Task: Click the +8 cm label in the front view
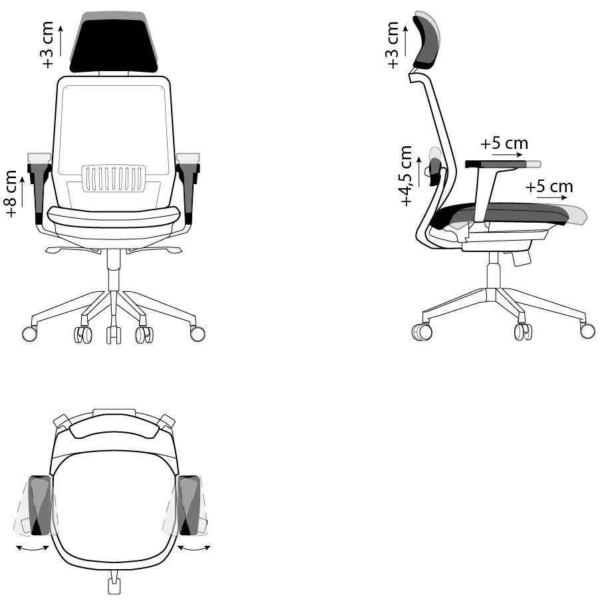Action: click(x=11, y=193)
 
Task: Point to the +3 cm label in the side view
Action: click(x=392, y=45)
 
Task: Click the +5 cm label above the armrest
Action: click(x=504, y=143)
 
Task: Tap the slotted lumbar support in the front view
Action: click(x=114, y=179)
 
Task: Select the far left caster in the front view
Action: click(x=29, y=333)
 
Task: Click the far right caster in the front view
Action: click(x=198, y=333)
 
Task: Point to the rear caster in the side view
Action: click(x=422, y=330)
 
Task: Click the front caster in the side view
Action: click(x=587, y=330)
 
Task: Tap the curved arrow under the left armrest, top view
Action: click(x=33, y=547)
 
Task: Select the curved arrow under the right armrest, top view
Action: click(x=194, y=547)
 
